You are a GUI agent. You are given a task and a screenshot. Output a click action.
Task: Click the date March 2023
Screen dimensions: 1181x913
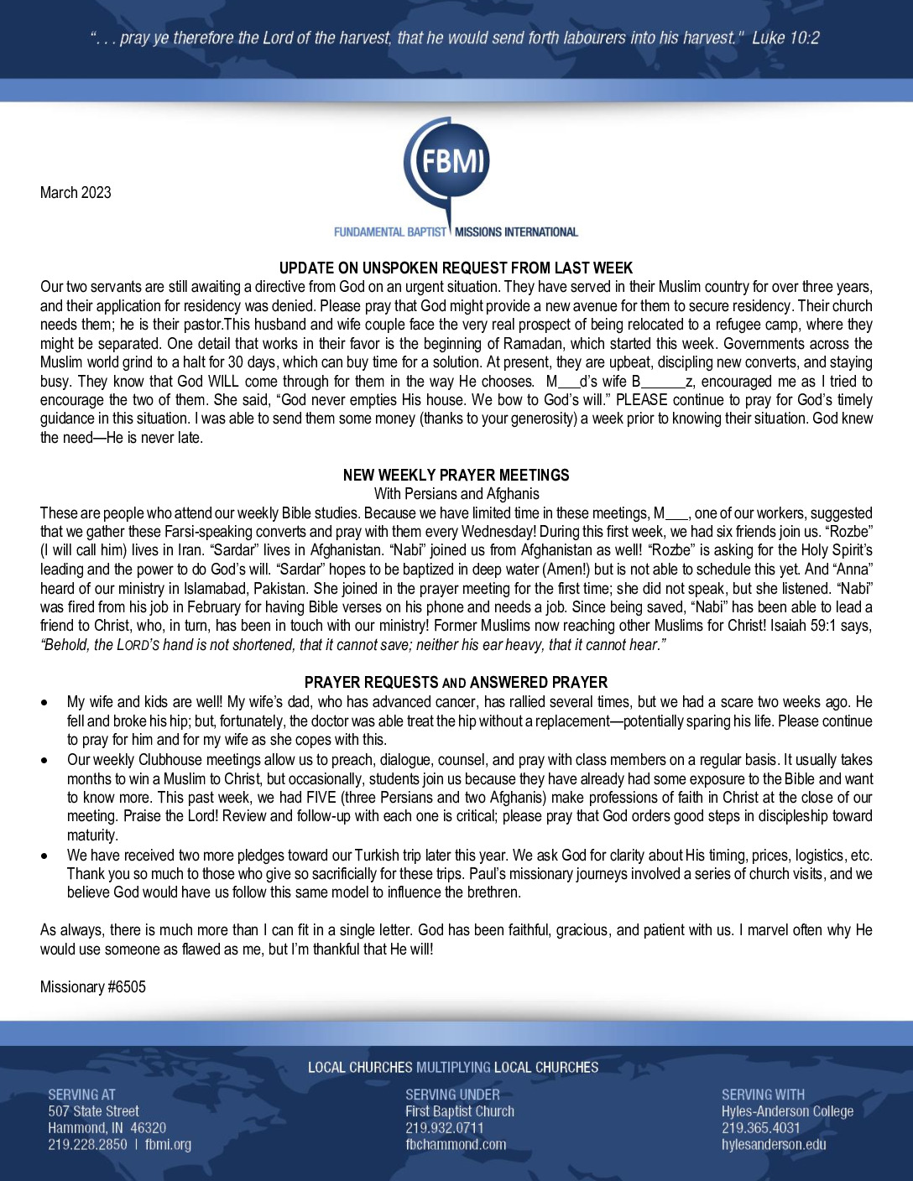pyautogui.click(x=76, y=193)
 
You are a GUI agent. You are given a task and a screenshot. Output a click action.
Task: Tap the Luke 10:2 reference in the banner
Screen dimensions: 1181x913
pyautogui.click(x=785, y=38)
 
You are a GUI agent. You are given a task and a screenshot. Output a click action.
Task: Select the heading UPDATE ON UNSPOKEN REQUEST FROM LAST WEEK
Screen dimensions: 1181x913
pyautogui.click(x=456, y=268)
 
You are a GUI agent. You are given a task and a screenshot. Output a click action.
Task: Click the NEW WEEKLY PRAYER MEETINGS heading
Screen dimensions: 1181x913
pyautogui.click(x=456, y=476)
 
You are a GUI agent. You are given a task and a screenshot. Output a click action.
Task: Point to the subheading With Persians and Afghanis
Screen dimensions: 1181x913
pyautogui.click(x=456, y=494)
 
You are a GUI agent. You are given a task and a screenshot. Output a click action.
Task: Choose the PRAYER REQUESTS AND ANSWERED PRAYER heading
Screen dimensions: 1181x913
pyautogui.click(x=456, y=683)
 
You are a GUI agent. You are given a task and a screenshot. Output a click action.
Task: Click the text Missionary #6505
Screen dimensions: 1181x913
pyautogui.click(x=93, y=987)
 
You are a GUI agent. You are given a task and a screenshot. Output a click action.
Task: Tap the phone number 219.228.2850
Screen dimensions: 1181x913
pyautogui.click(x=87, y=1145)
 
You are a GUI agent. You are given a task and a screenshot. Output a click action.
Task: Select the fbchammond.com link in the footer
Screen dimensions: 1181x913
pyautogui.click(x=456, y=1145)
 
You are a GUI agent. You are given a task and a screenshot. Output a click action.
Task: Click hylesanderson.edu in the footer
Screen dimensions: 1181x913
pyautogui.click(x=774, y=1145)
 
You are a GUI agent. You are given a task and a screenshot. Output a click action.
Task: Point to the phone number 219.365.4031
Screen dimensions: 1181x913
pyautogui.click(x=760, y=1128)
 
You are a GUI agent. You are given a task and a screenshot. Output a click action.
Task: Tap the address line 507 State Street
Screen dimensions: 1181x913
pyautogui.click(x=93, y=1111)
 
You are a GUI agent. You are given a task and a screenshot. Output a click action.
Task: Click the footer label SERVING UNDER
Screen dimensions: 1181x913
pyautogui.click(x=452, y=1095)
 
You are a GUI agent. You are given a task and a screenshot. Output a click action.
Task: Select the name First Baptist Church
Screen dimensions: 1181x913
pyautogui.click(x=460, y=1111)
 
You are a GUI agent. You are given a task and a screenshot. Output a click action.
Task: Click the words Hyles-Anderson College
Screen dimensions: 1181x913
pyautogui.click(x=787, y=1111)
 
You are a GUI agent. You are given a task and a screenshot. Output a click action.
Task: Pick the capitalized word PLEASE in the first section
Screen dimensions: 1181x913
pyautogui.click(x=642, y=400)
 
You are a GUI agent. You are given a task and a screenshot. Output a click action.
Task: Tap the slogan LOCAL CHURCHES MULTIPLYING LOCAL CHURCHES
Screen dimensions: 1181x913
pyautogui.click(x=453, y=1068)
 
